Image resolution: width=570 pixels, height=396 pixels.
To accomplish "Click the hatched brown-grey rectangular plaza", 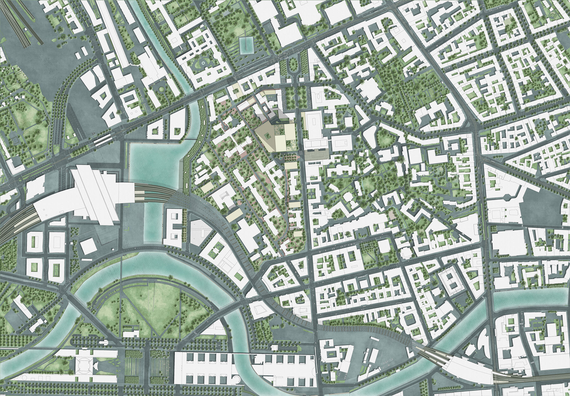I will [317, 155].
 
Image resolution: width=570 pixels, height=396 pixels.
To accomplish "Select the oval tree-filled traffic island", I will [293, 65].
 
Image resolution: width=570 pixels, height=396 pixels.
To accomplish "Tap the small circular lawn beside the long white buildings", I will [162, 89].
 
